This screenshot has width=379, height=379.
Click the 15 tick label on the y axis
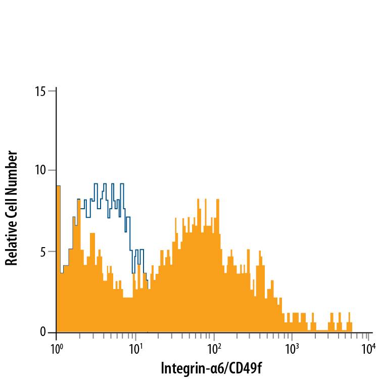click(40, 91)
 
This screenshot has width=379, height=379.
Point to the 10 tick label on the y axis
click(40, 171)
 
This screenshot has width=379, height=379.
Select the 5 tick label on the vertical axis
click(43, 252)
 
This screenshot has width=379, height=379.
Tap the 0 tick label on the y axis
click(43, 333)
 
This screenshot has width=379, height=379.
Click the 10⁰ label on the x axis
click(56, 349)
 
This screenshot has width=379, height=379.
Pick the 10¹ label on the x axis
click(135, 349)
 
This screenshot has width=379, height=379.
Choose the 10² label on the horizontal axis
click(214, 349)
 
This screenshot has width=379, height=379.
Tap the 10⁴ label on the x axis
click(370, 349)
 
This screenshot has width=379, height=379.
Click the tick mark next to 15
click(52, 91)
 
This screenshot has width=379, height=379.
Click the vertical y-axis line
click(56, 212)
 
